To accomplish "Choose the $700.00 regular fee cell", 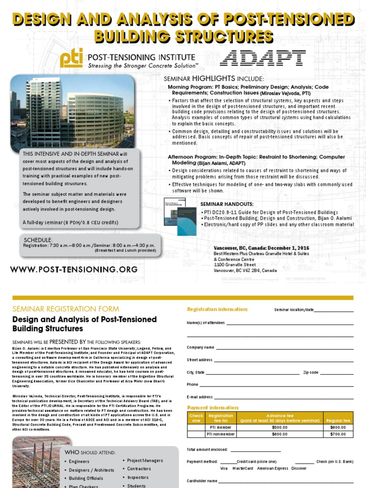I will tap(338, 434).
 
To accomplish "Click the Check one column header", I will tap(196, 417).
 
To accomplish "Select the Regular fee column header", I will tap(338, 420).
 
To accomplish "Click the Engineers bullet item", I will tap(79, 461).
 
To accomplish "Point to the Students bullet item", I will tap(136, 486).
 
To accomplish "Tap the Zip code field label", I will tap(311, 372).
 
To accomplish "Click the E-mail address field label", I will tap(200, 396).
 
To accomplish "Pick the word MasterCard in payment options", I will tap(243, 468).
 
